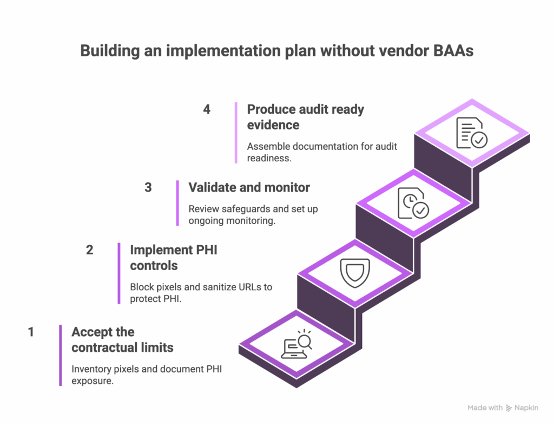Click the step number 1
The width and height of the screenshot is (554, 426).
[x=31, y=332]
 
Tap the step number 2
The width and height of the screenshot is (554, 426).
[x=89, y=250]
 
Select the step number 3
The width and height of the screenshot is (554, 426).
[x=148, y=188]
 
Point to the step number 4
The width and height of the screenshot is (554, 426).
[x=207, y=109]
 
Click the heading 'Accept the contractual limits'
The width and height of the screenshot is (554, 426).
[x=122, y=339]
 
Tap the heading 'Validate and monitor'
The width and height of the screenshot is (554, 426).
[x=249, y=188]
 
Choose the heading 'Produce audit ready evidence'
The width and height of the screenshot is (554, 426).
[x=305, y=117]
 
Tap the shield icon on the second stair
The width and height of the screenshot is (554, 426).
[x=354, y=272]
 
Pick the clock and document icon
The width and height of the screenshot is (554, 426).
[x=413, y=203]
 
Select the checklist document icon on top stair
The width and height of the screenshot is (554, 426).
[x=471, y=133]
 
